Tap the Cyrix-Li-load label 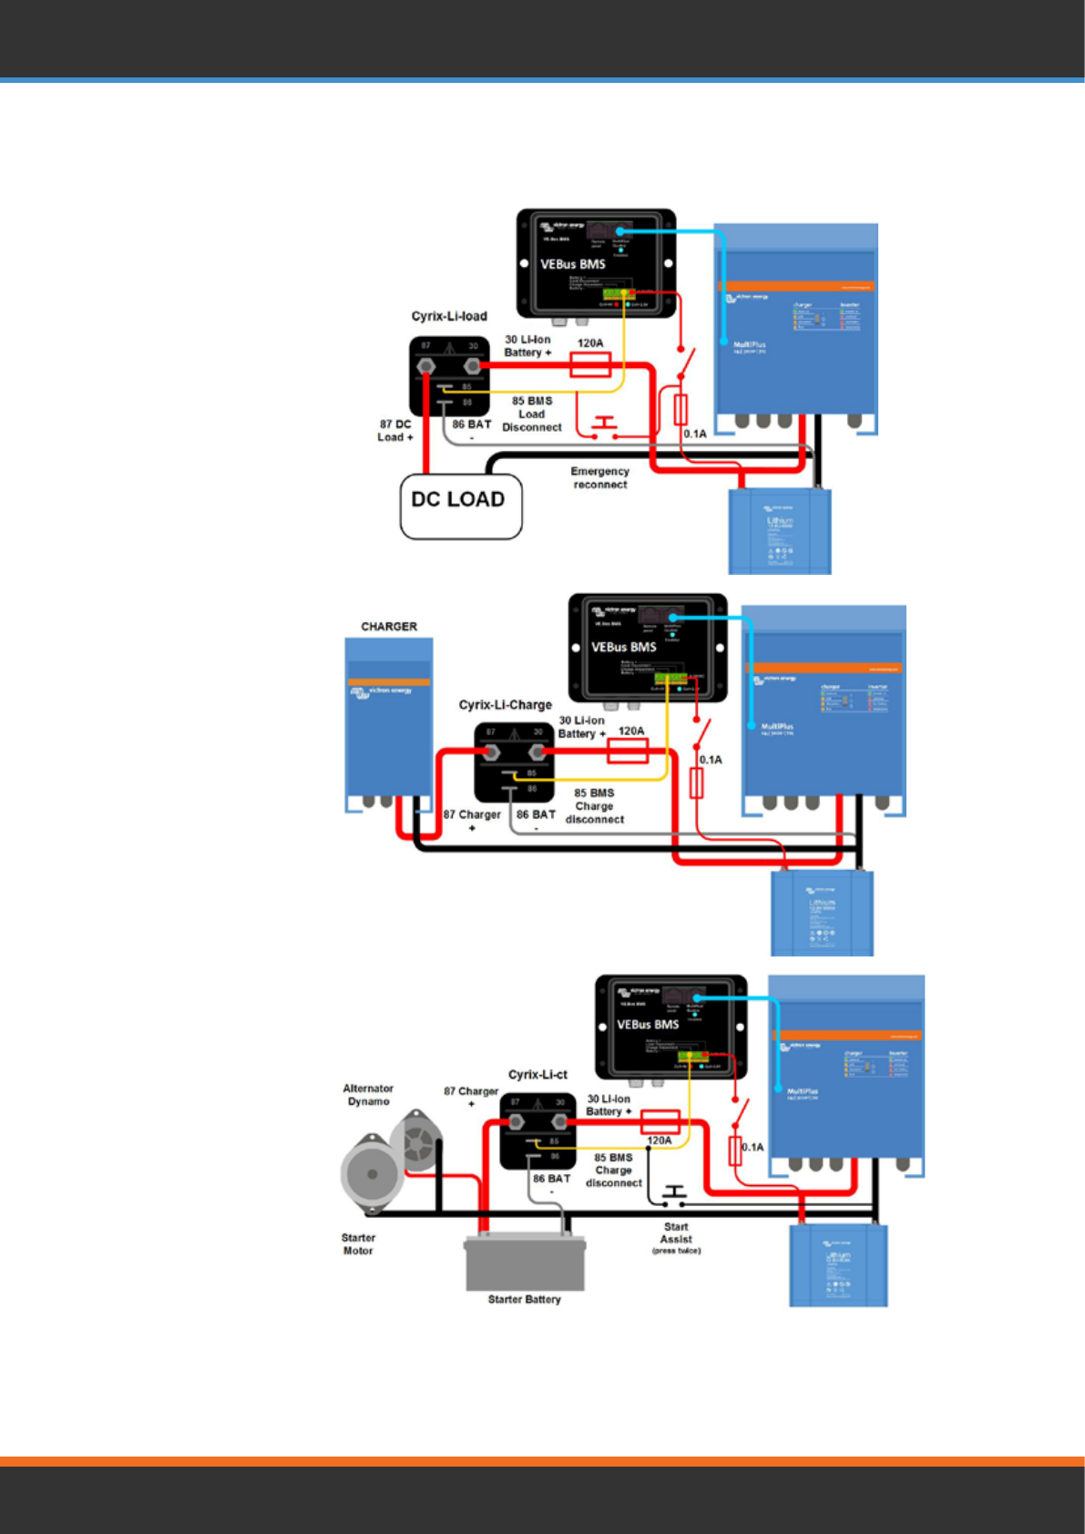click(x=449, y=316)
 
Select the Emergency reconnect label click(x=599, y=478)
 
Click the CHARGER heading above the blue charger click(x=389, y=627)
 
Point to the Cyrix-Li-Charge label click(x=505, y=705)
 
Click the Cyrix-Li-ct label click(x=537, y=1075)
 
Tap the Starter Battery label click(x=524, y=1299)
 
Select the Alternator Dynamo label click(x=368, y=1095)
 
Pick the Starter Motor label click(x=358, y=1244)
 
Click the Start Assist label click(x=676, y=1233)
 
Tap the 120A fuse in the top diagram click(x=589, y=365)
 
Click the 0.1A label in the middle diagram click(x=711, y=760)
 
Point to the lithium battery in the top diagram click(x=780, y=532)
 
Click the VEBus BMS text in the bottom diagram click(x=648, y=1025)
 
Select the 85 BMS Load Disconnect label click(x=532, y=414)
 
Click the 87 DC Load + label click(x=395, y=431)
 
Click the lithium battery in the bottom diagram click(x=837, y=1266)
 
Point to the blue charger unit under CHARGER click(x=388, y=720)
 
